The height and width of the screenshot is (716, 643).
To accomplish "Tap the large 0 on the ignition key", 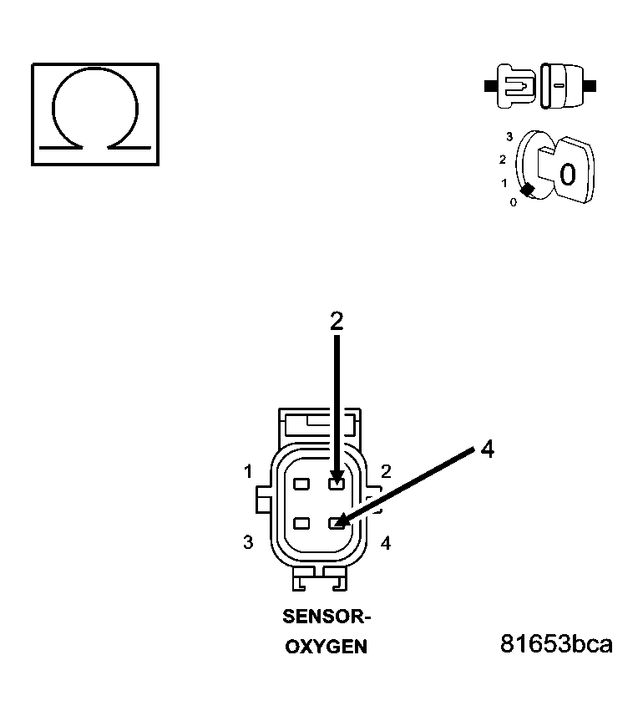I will click(567, 175).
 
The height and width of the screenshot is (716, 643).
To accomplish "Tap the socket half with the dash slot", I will click(561, 85).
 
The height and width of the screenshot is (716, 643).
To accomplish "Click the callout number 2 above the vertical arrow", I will click(337, 322).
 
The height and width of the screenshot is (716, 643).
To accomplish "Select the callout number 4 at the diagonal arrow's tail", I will click(488, 449).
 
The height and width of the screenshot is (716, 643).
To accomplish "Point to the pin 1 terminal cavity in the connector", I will click(301, 484).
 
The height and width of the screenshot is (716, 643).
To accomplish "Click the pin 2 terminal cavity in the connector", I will click(337, 484).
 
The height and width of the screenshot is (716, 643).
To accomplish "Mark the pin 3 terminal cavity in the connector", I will click(301, 524).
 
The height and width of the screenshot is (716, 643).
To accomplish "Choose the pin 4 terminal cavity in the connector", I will click(337, 524).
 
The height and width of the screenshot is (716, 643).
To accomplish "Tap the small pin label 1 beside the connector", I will click(248, 472).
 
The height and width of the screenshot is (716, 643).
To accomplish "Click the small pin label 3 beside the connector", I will click(248, 542).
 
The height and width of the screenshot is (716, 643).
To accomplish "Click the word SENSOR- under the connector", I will click(326, 617).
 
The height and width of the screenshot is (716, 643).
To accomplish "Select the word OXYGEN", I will click(326, 647).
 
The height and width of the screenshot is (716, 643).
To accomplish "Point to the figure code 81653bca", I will click(556, 644).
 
